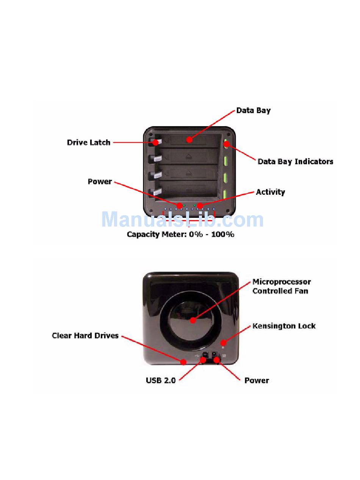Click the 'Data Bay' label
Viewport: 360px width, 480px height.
coord(253,111)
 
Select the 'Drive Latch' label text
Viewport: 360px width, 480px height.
coord(89,142)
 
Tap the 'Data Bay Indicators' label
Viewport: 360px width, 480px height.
coord(295,161)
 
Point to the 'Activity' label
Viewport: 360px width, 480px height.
coord(270,192)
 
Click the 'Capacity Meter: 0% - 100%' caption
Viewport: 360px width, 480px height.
coord(180,235)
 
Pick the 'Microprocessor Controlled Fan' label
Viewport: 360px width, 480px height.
coord(281,286)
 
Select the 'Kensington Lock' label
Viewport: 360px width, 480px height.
coord(284,326)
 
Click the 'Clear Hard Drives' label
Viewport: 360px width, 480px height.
coord(85,336)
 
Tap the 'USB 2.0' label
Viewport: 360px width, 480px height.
coord(161,380)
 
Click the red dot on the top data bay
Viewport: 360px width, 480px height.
coord(189,140)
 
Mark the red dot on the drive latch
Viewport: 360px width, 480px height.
coord(155,143)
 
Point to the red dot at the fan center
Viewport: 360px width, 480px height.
coord(193,320)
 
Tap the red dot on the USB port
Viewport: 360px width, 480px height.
coord(203,359)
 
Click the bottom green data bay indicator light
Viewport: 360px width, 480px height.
coord(225,194)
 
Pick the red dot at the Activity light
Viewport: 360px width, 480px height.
coord(200,206)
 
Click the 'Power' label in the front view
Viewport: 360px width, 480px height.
coord(100,181)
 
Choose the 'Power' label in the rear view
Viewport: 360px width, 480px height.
coord(257,380)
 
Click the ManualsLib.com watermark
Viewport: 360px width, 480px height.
coord(182,220)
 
